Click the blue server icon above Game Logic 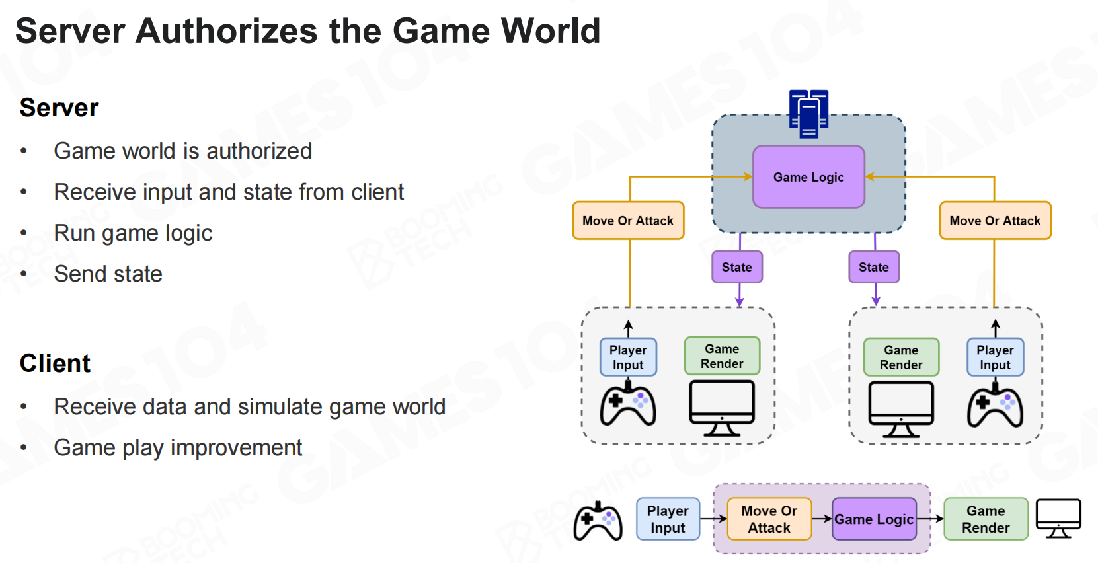(808, 114)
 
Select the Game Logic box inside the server (808, 177)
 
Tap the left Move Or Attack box (628, 221)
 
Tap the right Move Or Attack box (995, 221)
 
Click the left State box (737, 267)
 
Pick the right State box (874, 267)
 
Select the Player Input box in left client (628, 357)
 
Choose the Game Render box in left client (722, 356)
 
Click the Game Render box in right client (901, 357)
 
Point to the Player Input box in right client (995, 357)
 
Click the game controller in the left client (628, 404)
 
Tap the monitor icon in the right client (901, 408)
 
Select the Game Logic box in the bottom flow (874, 519)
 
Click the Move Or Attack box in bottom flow (769, 519)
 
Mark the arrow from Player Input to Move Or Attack (713, 519)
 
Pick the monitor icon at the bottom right (1058, 518)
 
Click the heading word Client (55, 363)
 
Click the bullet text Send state (108, 274)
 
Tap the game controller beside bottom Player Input (598, 521)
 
